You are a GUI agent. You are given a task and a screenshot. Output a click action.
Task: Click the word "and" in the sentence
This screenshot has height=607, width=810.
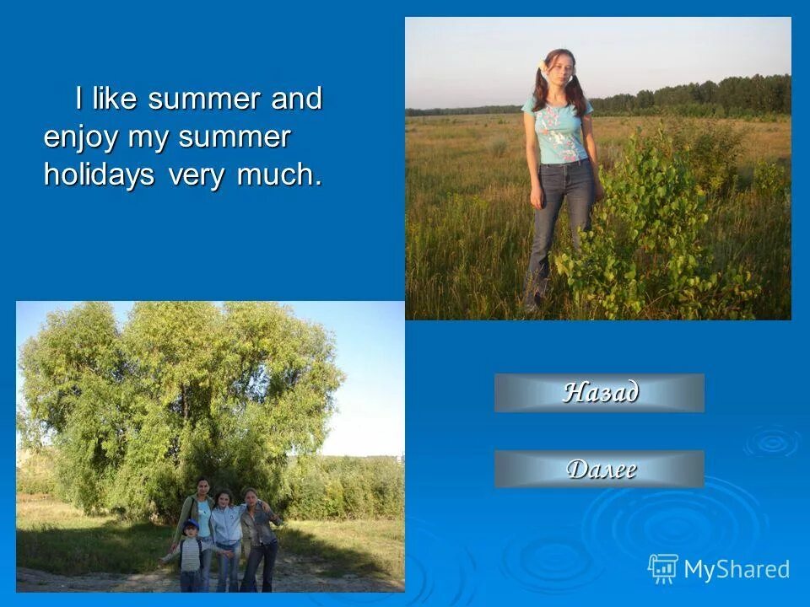tap(296, 99)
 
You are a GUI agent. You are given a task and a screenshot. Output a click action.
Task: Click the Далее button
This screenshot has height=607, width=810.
tap(599, 469)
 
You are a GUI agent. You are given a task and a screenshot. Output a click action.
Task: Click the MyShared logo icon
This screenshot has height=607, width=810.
tap(662, 569)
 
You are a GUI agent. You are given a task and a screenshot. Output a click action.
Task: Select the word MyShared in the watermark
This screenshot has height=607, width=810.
tap(737, 570)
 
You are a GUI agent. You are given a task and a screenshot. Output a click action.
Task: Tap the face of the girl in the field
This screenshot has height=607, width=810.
tap(559, 73)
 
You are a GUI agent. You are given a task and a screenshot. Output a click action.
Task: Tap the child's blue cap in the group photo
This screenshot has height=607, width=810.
tap(190, 524)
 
